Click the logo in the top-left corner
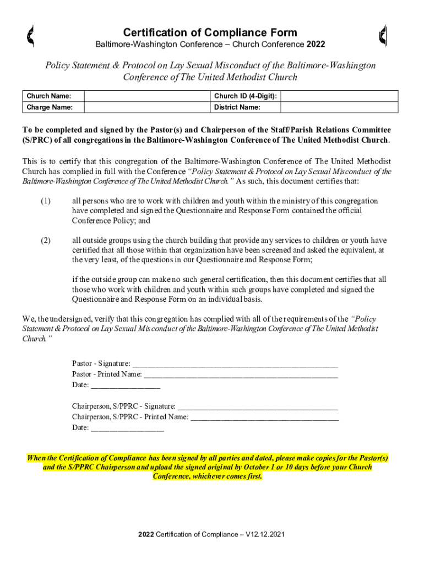click(x=31, y=36)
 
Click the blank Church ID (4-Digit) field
click(x=339, y=96)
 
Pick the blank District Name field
click(x=339, y=107)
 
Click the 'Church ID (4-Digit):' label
click(x=245, y=96)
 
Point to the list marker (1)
click(x=45, y=201)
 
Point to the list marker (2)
click(x=45, y=240)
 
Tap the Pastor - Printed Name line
click(x=241, y=375)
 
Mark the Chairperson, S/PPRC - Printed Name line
click(x=264, y=417)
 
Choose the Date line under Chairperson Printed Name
click(x=127, y=428)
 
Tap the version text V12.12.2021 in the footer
click(x=264, y=535)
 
